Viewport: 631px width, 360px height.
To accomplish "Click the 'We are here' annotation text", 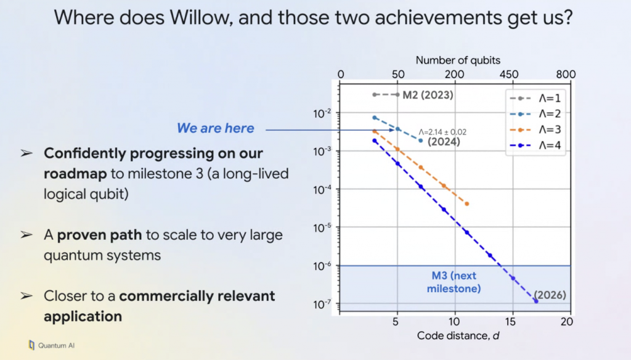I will pyautogui.click(x=215, y=128).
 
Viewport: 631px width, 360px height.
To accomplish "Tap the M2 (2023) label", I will pyautogui.click(x=428, y=95).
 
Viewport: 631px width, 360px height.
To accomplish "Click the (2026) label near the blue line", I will pyautogui.click(x=550, y=295).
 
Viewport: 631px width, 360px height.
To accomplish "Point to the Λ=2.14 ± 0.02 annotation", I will pyautogui.click(x=443, y=131).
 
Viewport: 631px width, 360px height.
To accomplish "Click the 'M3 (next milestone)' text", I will pyautogui.click(x=456, y=283).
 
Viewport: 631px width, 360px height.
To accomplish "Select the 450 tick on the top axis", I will pyautogui.click(x=509, y=75).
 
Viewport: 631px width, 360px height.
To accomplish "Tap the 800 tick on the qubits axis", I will pyautogui.click(x=566, y=75).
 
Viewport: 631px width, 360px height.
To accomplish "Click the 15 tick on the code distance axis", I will pyautogui.click(x=511, y=322).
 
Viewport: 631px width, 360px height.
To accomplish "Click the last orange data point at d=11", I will pyautogui.click(x=466, y=203).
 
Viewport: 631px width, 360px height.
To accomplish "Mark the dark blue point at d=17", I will pyautogui.click(x=535, y=301).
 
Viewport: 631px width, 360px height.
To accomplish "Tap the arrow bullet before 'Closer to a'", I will pyautogui.click(x=26, y=296).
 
